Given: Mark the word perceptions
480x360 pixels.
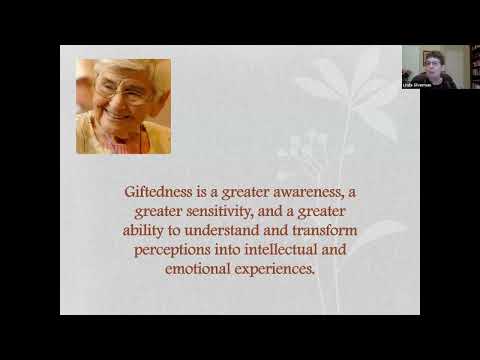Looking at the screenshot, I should [174, 249].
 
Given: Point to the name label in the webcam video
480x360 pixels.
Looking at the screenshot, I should [419, 87].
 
